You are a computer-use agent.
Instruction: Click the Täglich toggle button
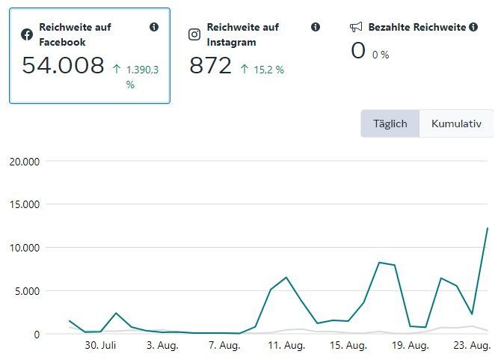(x=390, y=123)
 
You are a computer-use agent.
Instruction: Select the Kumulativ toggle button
(x=456, y=123)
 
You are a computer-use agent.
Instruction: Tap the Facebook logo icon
(x=27, y=34)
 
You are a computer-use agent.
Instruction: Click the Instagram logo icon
(x=194, y=34)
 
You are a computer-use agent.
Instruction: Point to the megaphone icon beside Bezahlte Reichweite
(x=356, y=27)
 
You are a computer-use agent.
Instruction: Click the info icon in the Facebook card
(x=154, y=27)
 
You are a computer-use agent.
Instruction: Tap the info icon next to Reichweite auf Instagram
(x=316, y=27)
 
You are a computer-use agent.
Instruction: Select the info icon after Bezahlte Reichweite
(x=473, y=27)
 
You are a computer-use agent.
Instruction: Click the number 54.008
(x=63, y=65)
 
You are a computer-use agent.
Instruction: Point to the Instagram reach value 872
(x=210, y=66)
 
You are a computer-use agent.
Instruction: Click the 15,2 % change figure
(x=269, y=70)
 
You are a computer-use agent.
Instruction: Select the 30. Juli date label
(x=100, y=345)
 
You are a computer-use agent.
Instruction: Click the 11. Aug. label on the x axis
(x=286, y=345)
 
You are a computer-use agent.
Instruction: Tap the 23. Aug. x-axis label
(x=472, y=345)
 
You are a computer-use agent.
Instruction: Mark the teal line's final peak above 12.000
(x=488, y=228)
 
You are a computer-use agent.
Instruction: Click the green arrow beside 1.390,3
(x=117, y=70)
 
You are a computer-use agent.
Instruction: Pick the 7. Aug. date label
(x=224, y=345)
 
